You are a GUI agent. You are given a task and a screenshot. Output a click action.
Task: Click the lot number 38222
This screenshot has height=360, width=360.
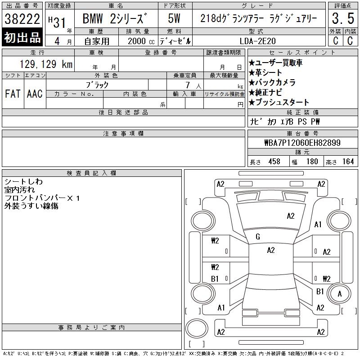(x=22, y=18)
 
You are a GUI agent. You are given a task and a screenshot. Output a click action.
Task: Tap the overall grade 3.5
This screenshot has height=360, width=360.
(x=343, y=18)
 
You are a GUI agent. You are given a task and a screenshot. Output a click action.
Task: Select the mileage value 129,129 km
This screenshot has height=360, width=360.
(x=46, y=64)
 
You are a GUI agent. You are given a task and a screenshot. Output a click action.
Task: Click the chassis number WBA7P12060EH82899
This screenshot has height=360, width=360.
(x=302, y=143)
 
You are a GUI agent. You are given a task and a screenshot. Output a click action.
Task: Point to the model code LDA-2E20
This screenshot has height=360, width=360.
(x=257, y=41)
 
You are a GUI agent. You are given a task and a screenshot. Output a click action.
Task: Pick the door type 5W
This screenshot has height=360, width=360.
(x=174, y=18)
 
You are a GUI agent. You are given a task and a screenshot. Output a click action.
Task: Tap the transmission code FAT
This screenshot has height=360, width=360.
(x=13, y=94)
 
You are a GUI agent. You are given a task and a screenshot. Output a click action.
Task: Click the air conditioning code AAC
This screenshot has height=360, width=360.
(x=35, y=94)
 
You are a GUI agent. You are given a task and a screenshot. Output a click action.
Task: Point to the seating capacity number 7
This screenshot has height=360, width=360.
(x=188, y=85)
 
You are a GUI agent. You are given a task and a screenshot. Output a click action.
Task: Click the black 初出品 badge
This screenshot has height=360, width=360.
(x=22, y=37)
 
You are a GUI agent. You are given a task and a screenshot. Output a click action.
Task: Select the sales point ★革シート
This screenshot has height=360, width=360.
(x=265, y=73)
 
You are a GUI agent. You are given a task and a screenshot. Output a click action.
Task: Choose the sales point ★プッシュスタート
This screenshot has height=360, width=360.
(x=279, y=102)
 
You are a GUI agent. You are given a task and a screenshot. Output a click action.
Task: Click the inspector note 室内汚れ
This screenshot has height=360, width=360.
(x=19, y=190)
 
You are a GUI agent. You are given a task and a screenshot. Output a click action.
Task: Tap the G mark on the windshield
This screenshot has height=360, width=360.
(x=257, y=237)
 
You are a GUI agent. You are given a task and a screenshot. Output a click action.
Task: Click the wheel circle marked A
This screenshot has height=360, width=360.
(x=339, y=294)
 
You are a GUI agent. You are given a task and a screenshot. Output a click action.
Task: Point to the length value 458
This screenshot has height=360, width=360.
(x=274, y=162)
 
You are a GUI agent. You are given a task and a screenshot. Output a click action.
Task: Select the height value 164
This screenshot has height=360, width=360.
(x=348, y=162)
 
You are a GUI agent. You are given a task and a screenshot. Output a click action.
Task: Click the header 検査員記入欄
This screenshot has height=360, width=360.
(x=92, y=173)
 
